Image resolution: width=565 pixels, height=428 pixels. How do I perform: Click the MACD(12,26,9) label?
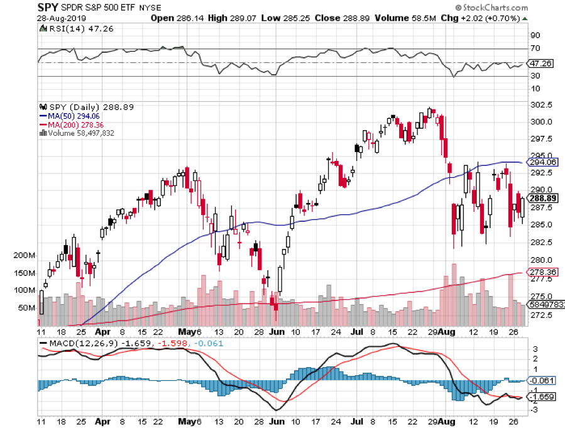pos(78,343)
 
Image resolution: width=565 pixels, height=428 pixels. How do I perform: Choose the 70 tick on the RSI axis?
pos(535,48)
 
